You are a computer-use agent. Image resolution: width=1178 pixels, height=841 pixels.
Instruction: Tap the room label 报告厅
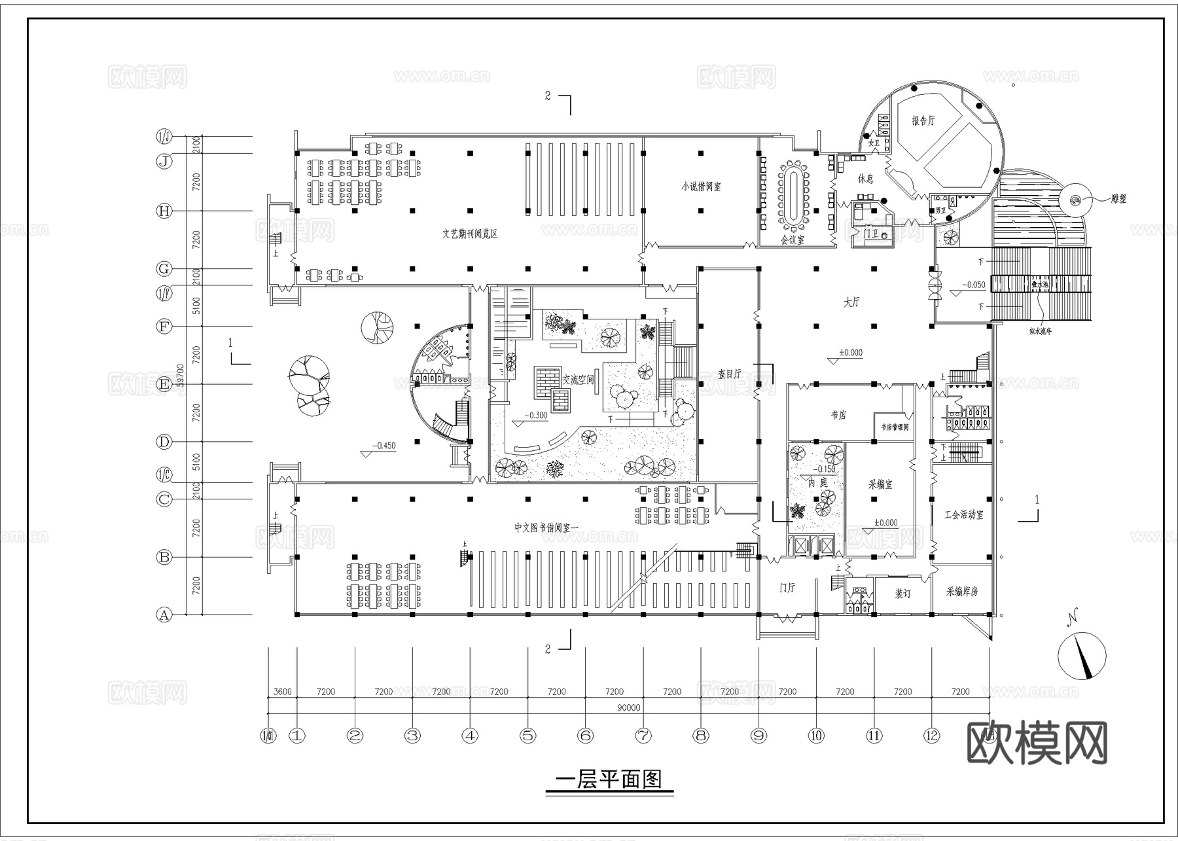pyautogui.click(x=923, y=120)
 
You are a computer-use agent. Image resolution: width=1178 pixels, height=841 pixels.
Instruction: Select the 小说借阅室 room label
pyautogui.click(x=700, y=187)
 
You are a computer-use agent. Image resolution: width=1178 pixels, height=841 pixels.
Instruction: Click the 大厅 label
pyautogui.click(x=851, y=302)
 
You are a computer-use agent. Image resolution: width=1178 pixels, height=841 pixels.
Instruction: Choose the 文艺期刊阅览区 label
pyautogui.click(x=469, y=234)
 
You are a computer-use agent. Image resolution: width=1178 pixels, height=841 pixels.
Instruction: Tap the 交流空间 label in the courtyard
pyautogui.click(x=577, y=379)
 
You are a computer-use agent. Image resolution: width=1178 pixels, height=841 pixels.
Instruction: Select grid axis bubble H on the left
pyautogui.click(x=164, y=211)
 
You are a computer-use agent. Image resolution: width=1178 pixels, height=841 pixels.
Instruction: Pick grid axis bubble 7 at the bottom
pyautogui.click(x=643, y=736)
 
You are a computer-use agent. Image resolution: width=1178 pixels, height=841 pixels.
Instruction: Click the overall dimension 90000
pyautogui.click(x=628, y=707)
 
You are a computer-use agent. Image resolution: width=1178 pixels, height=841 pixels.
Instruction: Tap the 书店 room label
pyautogui.click(x=838, y=415)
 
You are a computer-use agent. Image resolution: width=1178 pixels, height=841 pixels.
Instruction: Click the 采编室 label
pyautogui.click(x=880, y=485)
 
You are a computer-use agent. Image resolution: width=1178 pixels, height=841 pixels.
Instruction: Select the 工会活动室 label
pyautogui.click(x=963, y=515)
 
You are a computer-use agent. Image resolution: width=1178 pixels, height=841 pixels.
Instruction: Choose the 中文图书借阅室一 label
pyautogui.click(x=543, y=528)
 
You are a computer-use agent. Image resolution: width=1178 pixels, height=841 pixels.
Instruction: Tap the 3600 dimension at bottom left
pyautogui.click(x=282, y=692)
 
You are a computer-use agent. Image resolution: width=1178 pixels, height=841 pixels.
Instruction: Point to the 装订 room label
pyautogui.click(x=902, y=594)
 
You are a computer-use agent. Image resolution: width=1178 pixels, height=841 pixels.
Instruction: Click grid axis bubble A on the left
pyautogui.click(x=164, y=615)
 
